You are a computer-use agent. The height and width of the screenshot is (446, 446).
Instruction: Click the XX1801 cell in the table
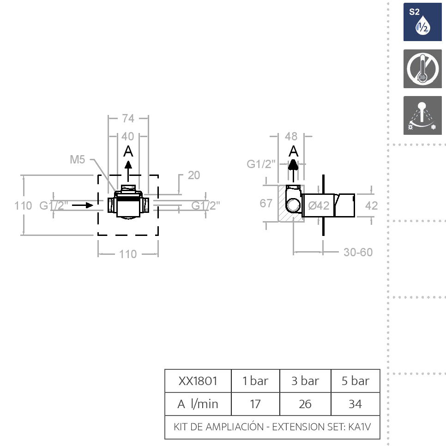pos(198,381)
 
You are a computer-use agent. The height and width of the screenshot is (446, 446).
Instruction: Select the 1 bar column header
pos(255,381)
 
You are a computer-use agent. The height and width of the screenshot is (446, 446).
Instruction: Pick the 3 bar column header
pos(305,381)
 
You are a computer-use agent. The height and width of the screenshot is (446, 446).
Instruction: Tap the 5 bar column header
pos(355,381)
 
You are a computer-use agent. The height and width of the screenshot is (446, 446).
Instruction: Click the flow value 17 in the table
pos(255,404)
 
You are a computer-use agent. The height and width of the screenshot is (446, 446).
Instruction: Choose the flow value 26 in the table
pos(305,404)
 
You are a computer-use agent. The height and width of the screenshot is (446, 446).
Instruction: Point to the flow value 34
pos(355,404)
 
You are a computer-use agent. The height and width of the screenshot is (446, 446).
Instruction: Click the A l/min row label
pos(198,404)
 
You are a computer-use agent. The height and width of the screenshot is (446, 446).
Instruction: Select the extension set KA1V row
pos(272,427)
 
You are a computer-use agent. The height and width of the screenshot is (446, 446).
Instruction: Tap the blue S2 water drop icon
pos(422,22)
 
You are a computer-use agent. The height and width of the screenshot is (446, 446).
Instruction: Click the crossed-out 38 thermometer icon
pos(422,69)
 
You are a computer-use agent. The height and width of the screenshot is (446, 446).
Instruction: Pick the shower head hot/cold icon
pos(422,115)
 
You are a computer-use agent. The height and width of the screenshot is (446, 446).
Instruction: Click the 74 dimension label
pos(128,118)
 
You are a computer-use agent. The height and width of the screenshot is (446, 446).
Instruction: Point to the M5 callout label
pos(78,160)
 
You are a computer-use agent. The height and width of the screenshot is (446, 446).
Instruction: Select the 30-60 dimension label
pos(358,252)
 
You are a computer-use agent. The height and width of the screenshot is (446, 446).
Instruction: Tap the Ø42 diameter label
pos(319,205)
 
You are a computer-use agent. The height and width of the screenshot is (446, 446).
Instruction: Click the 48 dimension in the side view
pos(291,137)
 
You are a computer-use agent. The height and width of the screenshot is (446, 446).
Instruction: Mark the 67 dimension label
pos(266,203)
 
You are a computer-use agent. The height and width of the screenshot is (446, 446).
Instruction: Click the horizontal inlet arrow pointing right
pos(83,205)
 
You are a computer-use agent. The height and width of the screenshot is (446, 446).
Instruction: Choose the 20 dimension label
pos(194,175)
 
